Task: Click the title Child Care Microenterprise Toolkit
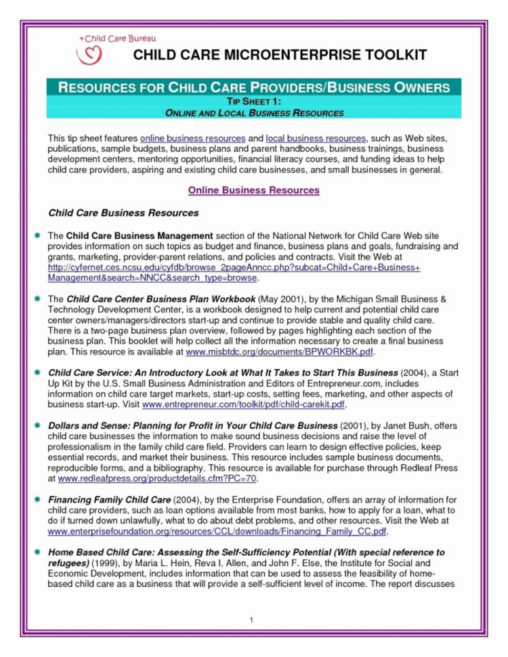tap(280, 55)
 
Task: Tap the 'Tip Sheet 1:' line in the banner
tap(253, 101)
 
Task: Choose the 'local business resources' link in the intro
tap(316, 137)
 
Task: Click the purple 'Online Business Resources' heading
tap(253, 190)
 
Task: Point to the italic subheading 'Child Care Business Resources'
tap(123, 213)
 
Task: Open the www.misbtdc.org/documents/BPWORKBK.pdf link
tap(279, 352)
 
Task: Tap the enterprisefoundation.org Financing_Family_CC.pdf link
tap(217, 532)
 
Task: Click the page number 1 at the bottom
tap(251, 620)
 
